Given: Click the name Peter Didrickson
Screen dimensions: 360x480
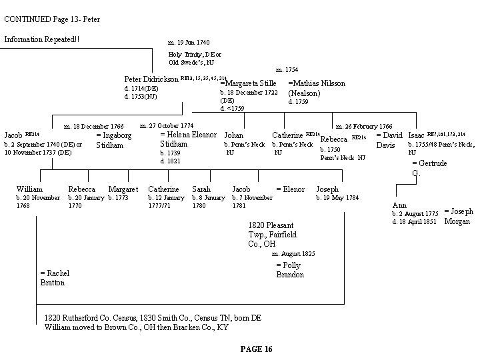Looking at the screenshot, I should pos(151,79).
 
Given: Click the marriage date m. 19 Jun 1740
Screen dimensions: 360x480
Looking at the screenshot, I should pos(189,42).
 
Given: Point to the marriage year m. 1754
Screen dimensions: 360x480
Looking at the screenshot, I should pos(287,69).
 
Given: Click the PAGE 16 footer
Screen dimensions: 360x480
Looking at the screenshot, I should pos(255,349).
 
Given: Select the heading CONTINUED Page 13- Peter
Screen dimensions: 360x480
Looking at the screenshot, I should pos(52,19).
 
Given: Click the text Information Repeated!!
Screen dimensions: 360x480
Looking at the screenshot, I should pos(41,39).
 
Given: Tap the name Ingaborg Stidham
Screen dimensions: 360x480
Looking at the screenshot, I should pos(114,140).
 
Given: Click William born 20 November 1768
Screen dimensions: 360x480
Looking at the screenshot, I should pos(29,189).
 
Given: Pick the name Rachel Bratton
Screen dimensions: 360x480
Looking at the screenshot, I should pos(55,278).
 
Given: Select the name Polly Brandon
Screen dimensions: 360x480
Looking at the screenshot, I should pos(290,270).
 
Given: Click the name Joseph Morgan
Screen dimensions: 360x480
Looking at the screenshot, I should pos(458,217).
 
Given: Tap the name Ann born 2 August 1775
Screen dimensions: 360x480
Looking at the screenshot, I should pos(400,205).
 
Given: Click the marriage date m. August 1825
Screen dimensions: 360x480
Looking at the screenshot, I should pos(294,254).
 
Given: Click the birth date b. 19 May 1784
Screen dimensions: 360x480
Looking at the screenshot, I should pos(337,198).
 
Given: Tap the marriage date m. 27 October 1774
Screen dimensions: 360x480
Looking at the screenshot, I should pos(167,125).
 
